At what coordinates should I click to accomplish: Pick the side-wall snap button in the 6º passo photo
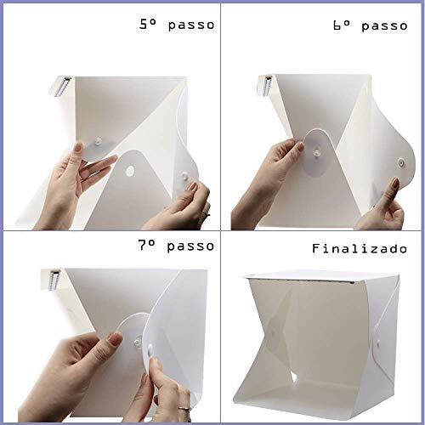coord(401,160)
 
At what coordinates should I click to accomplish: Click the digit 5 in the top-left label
coord(144,25)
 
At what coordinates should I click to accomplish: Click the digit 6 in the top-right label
coord(341,25)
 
